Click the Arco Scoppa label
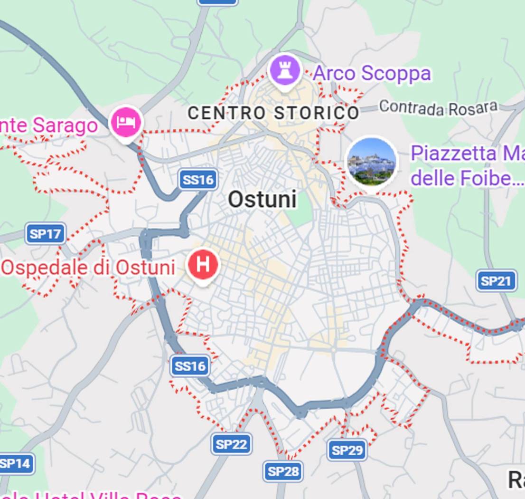(x=372, y=74)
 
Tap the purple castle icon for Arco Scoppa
(x=284, y=71)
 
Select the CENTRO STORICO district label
(x=273, y=113)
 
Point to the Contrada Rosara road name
(x=438, y=108)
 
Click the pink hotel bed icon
(x=126, y=122)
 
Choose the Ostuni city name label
(x=262, y=199)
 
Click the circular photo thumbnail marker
(x=371, y=162)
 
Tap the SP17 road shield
(x=46, y=234)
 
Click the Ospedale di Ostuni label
(x=88, y=268)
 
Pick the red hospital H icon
(x=203, y=265)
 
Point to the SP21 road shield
(x=496, y=281)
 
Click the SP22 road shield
(x=231, y=444)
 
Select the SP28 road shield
(x=283, y=471)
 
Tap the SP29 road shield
(x=347, y=450)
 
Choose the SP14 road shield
(x=16, y=464)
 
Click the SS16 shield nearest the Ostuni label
(x=198, y=180)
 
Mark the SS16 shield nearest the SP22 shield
(x=190, y=366)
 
